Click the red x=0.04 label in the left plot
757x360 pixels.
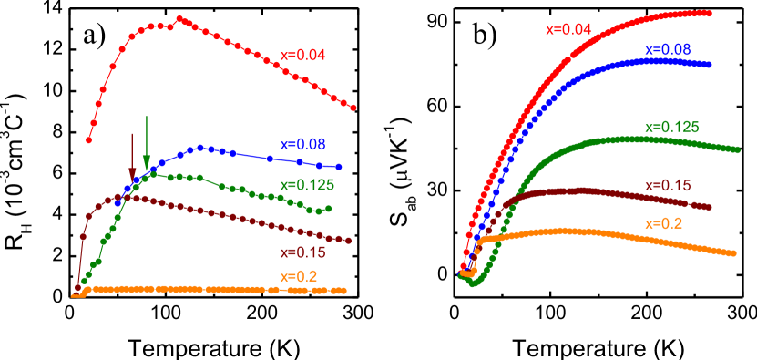(x=301, y=55)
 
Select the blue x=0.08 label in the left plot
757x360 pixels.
(x=302, y=144)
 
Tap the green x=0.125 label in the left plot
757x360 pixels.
(x=307, y=185)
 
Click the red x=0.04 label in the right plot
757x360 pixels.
(x=568, y=29)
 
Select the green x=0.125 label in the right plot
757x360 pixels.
(x=671, y=127)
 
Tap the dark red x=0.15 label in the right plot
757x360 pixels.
(x=668, y=186)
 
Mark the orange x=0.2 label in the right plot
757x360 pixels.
(x=663, y=223)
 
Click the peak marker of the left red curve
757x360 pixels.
(x=179, y=18)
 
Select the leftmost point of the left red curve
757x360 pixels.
(x=88, y=140)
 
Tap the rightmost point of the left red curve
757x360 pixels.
(x=353, y=108)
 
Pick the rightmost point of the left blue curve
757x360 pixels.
(x=339, y=168)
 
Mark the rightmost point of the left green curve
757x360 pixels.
(x=328, y=209)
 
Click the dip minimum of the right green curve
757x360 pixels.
(x=472, y=283)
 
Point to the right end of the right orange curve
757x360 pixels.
(x=733, y=253)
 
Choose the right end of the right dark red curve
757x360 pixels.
(x=709, y=207)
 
